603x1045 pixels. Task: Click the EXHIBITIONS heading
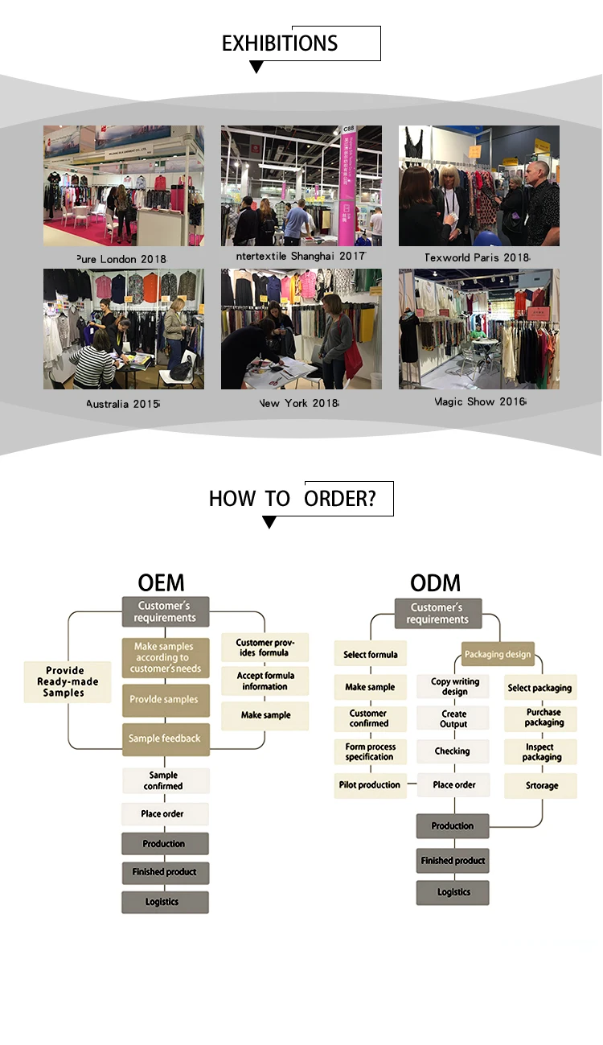280,43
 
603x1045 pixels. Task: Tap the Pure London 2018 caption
121,258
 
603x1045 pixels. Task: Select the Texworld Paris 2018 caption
478,257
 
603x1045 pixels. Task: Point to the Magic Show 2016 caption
480,401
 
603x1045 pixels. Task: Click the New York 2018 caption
299,403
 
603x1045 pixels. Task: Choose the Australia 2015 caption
123,403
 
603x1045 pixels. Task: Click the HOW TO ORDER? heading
292,499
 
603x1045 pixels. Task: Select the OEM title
161,582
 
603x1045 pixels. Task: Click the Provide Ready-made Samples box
68,681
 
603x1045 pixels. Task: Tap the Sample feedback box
166,738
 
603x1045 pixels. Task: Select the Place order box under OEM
164,813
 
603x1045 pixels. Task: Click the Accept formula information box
265,681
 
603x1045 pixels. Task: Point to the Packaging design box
498,654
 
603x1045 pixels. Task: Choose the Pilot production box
370,784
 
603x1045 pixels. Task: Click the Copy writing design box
454,686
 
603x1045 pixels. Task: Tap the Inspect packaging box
541,752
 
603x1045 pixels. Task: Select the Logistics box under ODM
453,892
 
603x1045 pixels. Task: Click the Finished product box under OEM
165,872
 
